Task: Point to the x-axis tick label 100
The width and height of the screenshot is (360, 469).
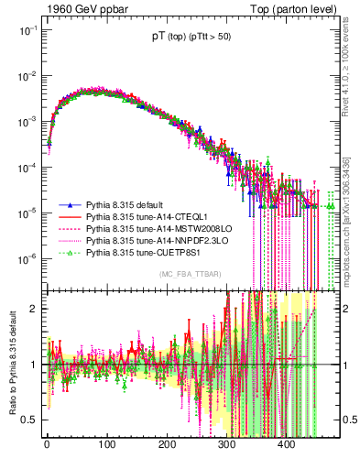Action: (x=106, y=444)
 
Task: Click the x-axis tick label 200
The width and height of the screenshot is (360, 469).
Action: (x=167, y=444)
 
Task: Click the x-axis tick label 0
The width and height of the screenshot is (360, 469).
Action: (x=47, y=444)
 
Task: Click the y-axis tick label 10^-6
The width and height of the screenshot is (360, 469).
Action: (x=26, y=259)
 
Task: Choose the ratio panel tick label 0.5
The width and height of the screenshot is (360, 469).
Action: (x=28, y=420)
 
